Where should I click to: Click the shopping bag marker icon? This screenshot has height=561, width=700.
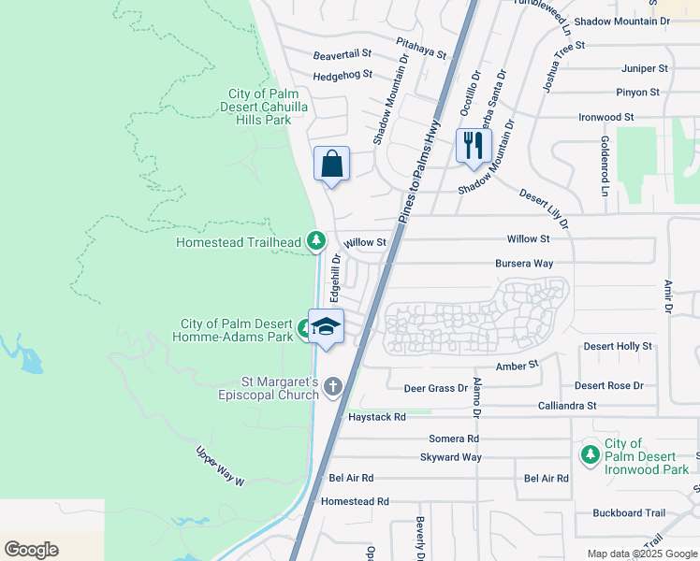pos(331,165)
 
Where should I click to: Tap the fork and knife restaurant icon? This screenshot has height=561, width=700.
pos(474,145)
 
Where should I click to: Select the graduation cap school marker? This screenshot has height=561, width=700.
pos(327,326)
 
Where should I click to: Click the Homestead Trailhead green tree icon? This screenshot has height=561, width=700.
pos(317,242)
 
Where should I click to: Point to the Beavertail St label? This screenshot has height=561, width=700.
pos(343,55)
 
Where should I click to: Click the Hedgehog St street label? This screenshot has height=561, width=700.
pos(343,75)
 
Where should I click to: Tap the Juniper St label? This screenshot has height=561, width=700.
pos(644,69)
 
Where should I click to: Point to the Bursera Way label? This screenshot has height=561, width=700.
pos(524,264)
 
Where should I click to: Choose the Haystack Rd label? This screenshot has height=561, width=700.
pos(377,417)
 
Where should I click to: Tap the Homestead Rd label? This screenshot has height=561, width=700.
pos(355,502)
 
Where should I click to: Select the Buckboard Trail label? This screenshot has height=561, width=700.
pos(629,513)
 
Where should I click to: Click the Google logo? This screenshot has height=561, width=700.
pos(31,550)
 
